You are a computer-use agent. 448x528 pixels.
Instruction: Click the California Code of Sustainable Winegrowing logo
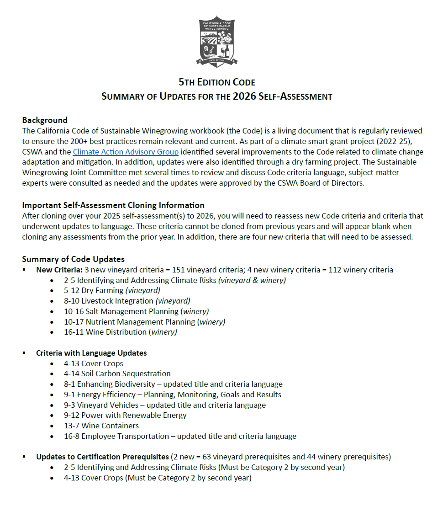[x=217, y=41]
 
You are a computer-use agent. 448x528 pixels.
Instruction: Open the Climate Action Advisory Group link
[x=126, y=152]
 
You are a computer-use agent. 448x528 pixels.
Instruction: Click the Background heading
[x=45, y=120]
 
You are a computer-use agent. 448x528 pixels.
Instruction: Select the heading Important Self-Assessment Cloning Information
[x=113, y=205]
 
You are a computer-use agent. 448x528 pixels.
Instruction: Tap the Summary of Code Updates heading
[x=73, y=259]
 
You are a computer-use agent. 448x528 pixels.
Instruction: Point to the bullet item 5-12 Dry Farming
[x=112, y=290]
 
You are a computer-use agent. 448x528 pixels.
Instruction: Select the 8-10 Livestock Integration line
[x=127, y=301]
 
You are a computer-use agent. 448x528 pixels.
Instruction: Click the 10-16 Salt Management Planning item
[x=136, y=311]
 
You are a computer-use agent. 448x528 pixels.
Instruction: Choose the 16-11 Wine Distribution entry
[x=120, y=332]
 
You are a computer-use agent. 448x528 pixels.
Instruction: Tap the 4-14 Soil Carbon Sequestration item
[x=117, y=373]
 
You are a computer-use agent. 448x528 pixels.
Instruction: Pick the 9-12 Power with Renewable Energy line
[x=125, y=415]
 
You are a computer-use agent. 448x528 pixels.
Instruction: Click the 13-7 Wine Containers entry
[x=101, y=426]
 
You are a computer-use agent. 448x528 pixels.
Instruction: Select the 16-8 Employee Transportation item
[x=180, y=436]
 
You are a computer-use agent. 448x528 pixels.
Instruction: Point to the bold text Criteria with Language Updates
[x=91, y=353]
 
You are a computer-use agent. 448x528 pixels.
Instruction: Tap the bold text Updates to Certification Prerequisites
[x=102, y=457]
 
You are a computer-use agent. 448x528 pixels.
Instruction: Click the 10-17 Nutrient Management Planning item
[x=144, y=322]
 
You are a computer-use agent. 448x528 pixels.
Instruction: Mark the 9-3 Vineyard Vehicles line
[x=164, y=405]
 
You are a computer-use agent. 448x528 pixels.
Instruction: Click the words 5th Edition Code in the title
[x=217, y=83]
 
